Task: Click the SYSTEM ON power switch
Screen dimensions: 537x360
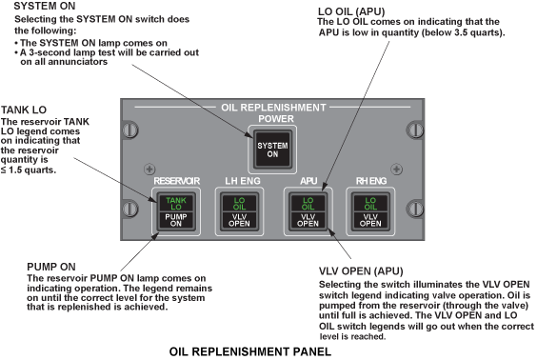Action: [x=272, y=150]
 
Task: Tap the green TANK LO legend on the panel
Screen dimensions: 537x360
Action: [x=176, y=204]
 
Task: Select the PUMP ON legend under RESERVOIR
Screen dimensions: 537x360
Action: [x=176, y=220]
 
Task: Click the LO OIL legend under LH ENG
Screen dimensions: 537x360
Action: [x=239, y=204]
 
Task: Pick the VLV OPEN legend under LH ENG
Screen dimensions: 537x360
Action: [x=239, y=220]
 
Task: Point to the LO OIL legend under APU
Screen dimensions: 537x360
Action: [x=308, y=204]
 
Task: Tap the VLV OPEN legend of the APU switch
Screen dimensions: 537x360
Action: [x=308, y=220]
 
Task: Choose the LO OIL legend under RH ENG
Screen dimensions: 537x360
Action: [x=370, y=204]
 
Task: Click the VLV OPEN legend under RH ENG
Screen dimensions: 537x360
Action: [x=370, y=220]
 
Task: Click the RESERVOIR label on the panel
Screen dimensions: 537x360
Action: [x=177, y=181]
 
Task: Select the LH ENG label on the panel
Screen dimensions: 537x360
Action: [x=243, y=181]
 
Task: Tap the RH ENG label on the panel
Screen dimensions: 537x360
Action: [x=371, y=181]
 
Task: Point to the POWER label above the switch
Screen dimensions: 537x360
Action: [x=276, y=119]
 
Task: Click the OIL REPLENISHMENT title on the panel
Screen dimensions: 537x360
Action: [x=273, y=108]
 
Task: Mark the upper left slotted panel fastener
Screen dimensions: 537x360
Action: [x=130, y=130]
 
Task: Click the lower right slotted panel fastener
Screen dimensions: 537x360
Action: [x=415, y=209]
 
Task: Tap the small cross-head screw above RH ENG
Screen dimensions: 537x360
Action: [x=397, y=170]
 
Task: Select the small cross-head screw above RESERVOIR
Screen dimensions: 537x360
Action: [x=149, y=170]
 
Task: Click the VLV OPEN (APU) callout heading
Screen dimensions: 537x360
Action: [x=361, y=271]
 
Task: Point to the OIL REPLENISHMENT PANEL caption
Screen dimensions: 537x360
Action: [x=250, y=351]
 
